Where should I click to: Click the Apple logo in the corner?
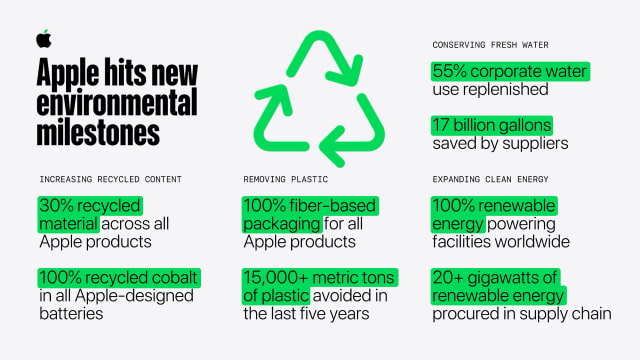43,38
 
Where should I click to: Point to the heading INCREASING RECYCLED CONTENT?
110,179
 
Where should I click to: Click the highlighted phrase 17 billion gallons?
491,126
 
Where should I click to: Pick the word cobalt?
176,277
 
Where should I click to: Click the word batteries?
76,314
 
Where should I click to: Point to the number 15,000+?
281,277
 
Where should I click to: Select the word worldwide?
534,241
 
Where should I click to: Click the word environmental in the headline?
117,103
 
